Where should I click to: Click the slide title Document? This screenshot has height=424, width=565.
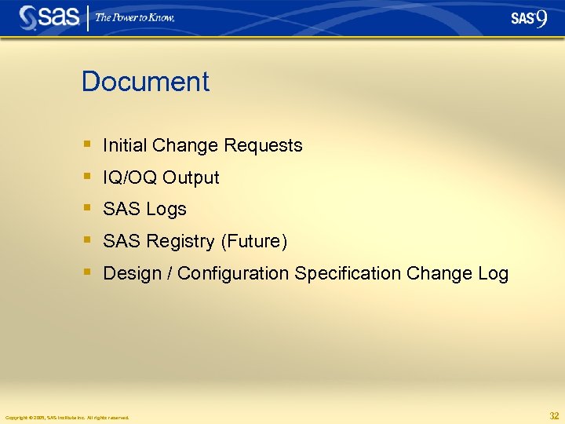145,82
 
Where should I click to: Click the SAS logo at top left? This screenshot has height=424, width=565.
49,17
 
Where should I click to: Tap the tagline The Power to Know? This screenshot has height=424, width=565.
135,17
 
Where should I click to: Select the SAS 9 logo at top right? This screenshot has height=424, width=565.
528,18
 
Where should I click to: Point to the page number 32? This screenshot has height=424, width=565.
554,415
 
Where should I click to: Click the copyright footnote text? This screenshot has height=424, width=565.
67,417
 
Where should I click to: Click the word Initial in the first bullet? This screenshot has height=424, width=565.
126,145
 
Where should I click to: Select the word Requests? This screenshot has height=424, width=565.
263,145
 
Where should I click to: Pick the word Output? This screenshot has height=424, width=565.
191,177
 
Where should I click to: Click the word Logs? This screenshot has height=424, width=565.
166,209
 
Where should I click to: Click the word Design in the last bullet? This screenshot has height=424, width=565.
129,273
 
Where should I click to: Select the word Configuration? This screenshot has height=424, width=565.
233,273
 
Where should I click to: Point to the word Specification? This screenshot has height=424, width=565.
348,273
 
